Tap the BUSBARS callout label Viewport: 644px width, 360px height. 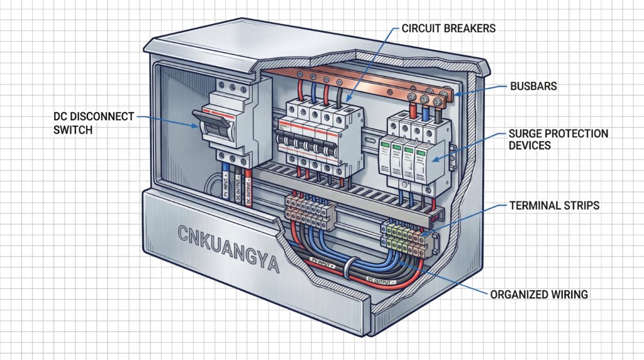[x=535, y=86]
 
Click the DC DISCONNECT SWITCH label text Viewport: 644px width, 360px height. [x=94, y=123]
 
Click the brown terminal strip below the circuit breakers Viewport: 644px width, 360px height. [x=308, y=208]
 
